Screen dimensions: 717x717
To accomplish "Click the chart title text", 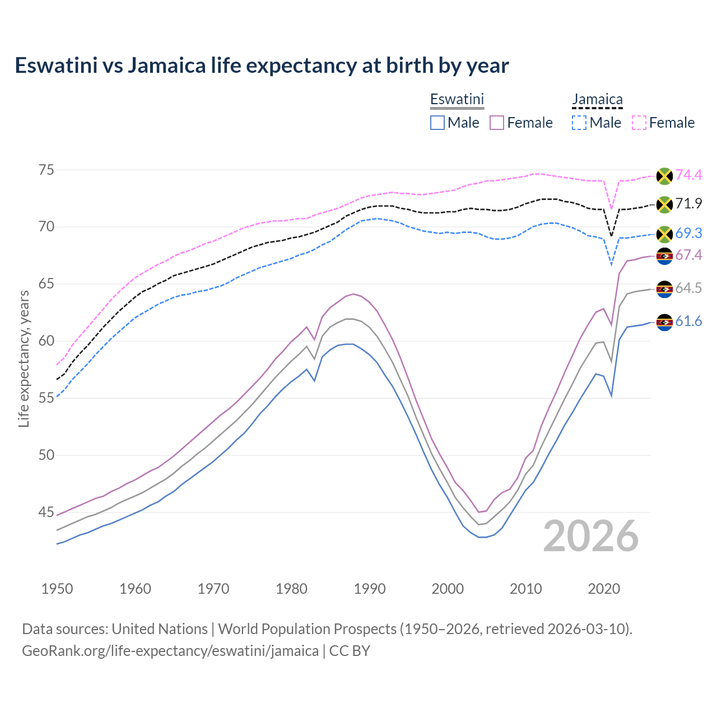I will (262, 66).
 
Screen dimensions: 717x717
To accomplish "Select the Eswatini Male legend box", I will (437, 123).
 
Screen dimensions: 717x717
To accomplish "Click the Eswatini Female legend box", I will (497, 123).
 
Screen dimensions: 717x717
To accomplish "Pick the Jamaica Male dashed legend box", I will (579, 123).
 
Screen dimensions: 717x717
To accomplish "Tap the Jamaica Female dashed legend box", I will (639, 123).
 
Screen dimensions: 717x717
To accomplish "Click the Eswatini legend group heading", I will (457, 100).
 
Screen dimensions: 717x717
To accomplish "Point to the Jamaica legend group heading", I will (597, 100).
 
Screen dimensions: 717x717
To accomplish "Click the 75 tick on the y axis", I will (46, 170).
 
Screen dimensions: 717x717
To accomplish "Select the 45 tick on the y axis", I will (46, 512).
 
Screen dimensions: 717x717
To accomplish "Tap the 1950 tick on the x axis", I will (57, 589).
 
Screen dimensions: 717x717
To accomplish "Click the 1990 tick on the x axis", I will (370, 589).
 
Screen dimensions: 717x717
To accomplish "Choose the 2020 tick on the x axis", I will (604, 589).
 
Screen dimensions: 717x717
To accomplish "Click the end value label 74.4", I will (688, 175).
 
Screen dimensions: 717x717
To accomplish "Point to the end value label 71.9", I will (688, 203).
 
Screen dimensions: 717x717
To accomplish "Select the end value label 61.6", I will (688, 322).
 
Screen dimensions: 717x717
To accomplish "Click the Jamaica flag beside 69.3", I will (664, 234).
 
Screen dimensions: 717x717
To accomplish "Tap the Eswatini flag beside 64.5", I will (664, 289).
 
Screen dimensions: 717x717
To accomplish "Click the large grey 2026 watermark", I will (590, 537).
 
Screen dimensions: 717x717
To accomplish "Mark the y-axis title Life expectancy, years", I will (24, 358).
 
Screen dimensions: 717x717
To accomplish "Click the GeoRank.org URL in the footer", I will (170, 651).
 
